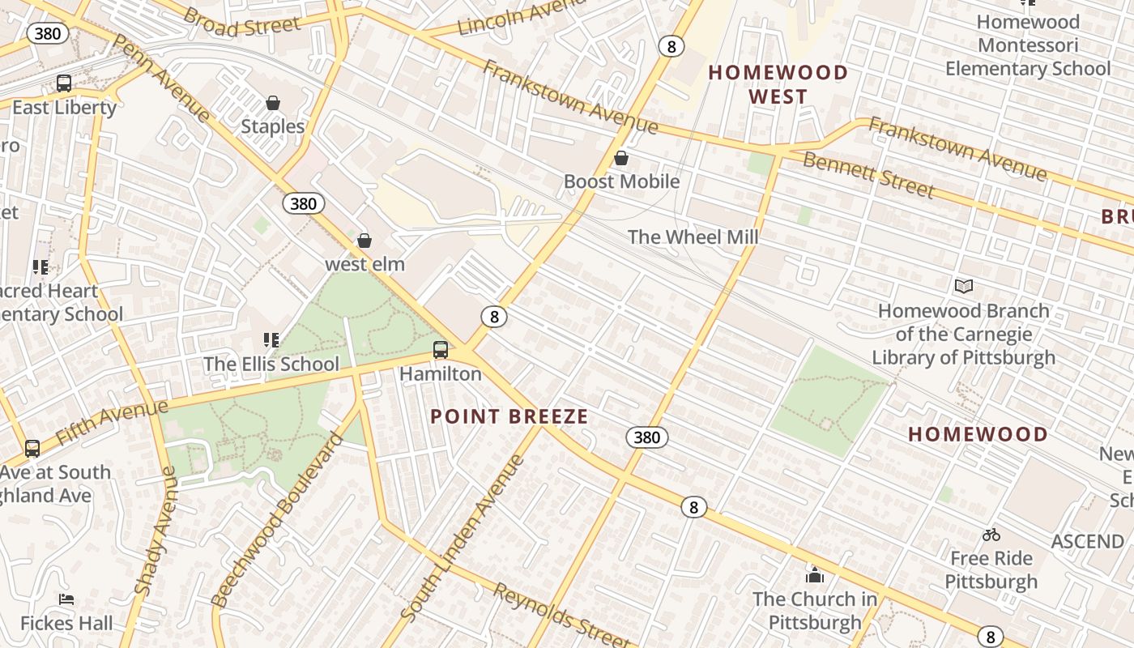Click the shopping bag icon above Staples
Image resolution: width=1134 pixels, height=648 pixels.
point(273,103)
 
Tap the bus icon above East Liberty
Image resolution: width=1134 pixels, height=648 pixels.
point(63,83)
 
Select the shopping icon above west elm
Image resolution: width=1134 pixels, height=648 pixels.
point(364,241)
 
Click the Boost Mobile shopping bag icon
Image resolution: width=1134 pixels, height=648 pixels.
point(621,158)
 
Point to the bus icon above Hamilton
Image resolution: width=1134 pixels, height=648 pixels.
point(441,350)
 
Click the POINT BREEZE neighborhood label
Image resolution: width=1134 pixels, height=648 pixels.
point(509,416)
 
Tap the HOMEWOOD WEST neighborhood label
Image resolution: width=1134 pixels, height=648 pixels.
point(778,84)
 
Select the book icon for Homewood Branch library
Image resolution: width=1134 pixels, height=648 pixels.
point(964,286)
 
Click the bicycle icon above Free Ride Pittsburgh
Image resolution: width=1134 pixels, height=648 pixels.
point(991,535)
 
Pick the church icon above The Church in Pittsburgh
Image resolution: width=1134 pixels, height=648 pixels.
point(814,575)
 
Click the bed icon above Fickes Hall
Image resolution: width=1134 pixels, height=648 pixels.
point(67,599)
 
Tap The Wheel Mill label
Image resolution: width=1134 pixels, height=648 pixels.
point(693,237)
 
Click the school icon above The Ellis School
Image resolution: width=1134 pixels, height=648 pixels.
point(271,340)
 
